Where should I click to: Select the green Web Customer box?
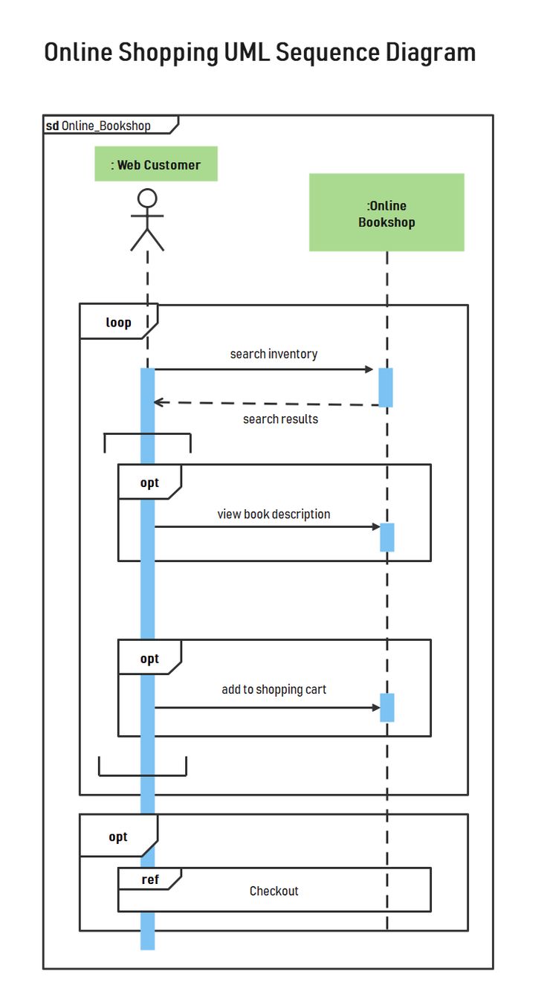click(x=156, y=164)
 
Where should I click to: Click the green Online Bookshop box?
click(x=386, y=213)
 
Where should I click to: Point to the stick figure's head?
click(x=147, y=199)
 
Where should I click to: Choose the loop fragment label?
click(x=118, y=323)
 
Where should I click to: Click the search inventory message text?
click(x=273, y=354)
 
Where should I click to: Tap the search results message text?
click(x=280, y=419)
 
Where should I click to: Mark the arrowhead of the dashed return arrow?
click(x=158, y=402)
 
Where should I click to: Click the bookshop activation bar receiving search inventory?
click(x=386, y=387)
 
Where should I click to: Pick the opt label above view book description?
click(x=149, y=483)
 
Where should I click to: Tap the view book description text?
click(x=273, y=514)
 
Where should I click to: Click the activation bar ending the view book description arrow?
click(x=386, y=537)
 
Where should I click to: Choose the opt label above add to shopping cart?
click(x=149, y=659)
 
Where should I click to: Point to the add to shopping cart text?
click(x=273, y=690)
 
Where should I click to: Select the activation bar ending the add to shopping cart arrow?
click(x=386, y=707)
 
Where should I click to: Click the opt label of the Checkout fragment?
click(x=118, y=837)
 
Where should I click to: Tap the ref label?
click(x=149, y=880)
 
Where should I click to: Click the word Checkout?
click(x=273, y=891)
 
